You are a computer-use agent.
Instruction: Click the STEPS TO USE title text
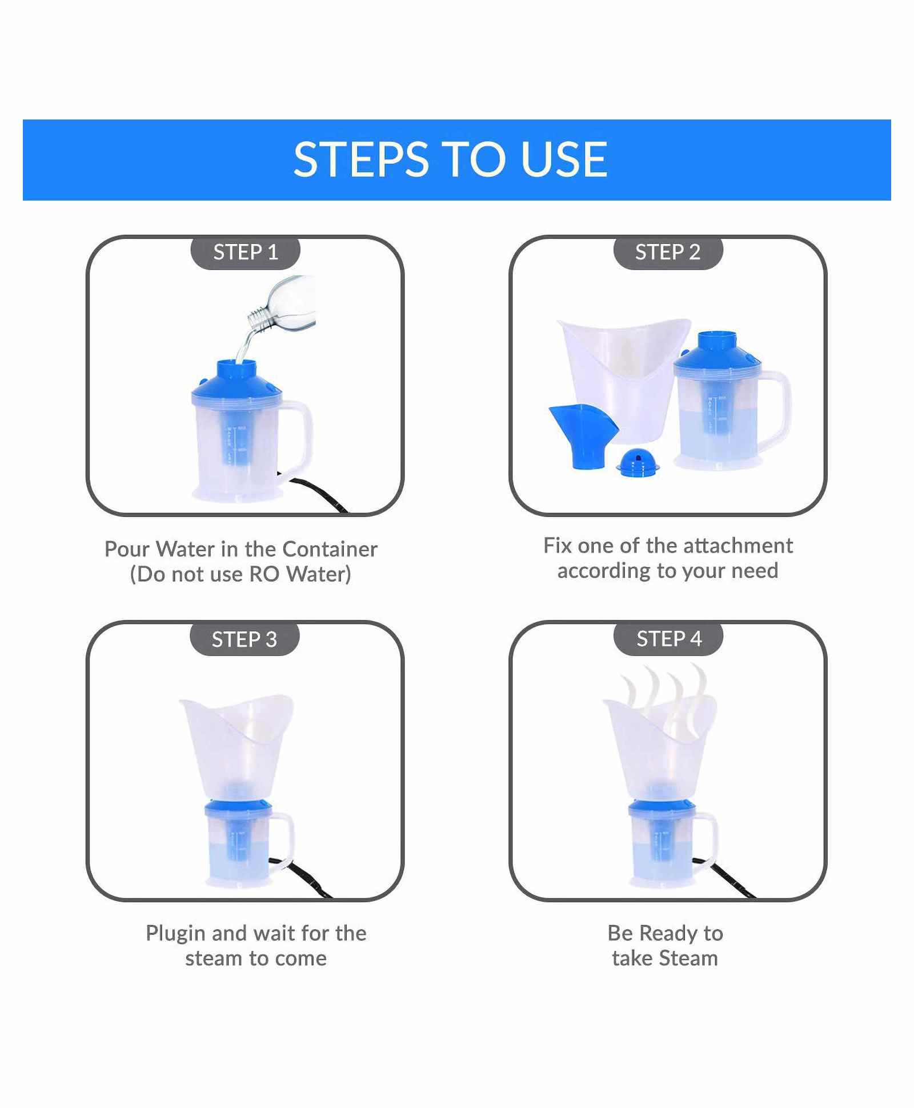(x=450, y=159)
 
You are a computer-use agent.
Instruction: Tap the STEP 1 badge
(x=246, y=252)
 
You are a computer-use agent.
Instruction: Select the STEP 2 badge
(x=668, y=252)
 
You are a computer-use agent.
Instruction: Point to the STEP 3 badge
(x=244, y=639)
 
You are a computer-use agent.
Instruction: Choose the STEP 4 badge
(x=669, y=638)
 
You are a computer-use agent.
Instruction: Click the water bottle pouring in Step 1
(x=283, y=306)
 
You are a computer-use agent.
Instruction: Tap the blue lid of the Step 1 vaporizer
(x=236, y=380)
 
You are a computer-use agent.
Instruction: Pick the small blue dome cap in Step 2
(x=638, y=461)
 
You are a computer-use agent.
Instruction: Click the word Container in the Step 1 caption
(x=330, y=549)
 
